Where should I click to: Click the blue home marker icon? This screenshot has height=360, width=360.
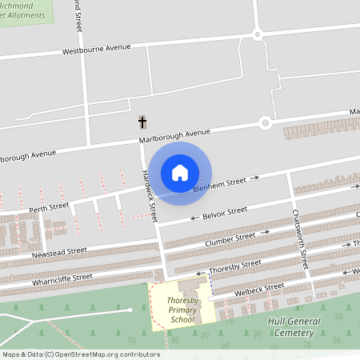click(180, 172)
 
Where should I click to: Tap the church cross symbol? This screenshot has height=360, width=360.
click(143, 122)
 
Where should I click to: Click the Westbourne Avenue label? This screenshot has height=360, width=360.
click(96, 50)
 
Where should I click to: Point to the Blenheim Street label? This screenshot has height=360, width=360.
click(219, 185)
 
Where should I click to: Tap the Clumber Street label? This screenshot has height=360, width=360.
click(230, 238)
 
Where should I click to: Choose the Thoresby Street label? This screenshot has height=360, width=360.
click(234, 266)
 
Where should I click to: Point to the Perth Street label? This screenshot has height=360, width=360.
click(50, 207)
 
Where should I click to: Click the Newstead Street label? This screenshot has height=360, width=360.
click(59, 253)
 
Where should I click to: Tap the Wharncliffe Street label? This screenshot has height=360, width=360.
click(62, 278)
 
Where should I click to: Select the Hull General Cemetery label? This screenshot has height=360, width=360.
click(293, 326)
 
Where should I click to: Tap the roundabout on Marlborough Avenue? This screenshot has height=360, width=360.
click(265, 122)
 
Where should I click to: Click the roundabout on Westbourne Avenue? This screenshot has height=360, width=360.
click(258, 34)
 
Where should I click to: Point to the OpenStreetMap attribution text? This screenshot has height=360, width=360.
click(81, 354)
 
